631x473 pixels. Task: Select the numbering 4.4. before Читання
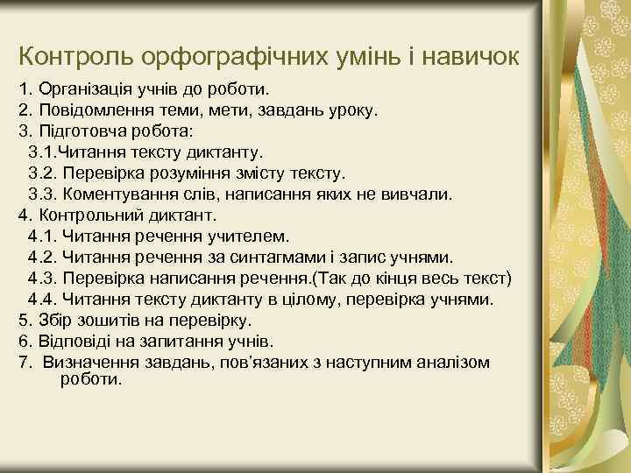pos(44,300)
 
